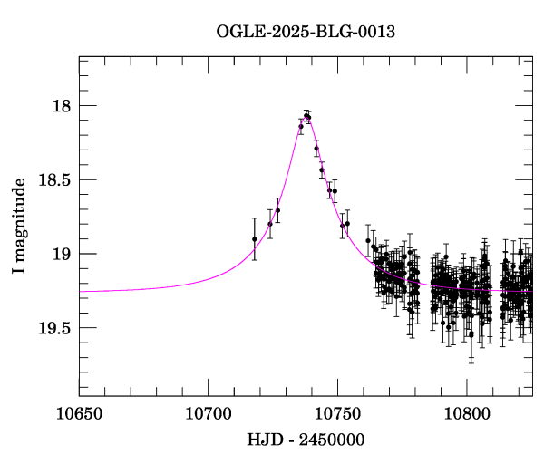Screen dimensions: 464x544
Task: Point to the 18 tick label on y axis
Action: (62, 106)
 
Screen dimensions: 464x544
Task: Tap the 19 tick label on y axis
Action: (62, 254)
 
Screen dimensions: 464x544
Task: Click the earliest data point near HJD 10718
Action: (255, 239)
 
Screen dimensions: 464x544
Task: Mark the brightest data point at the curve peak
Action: (307, 115)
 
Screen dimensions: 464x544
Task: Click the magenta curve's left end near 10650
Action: (81, 291)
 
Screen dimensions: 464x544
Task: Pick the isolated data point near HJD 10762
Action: (368, 241)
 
